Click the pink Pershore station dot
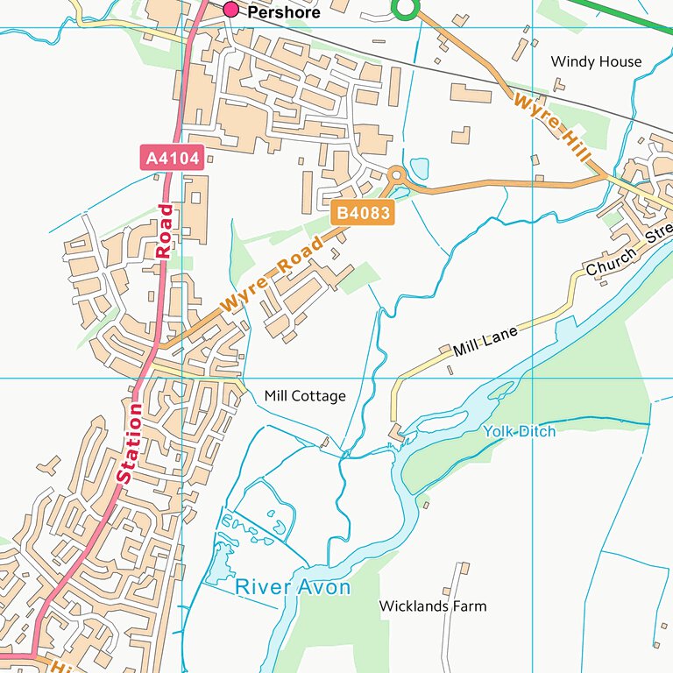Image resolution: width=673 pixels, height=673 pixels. point(231,10)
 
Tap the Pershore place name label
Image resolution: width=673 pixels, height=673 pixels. point(283,13)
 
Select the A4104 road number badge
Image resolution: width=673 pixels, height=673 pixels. point(173,159)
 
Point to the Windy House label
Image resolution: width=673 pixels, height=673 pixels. point(596,61)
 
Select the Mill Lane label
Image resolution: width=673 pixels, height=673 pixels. point(485,340)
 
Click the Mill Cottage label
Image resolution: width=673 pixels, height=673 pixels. point(305,396)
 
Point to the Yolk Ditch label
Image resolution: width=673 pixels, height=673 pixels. point(519,431)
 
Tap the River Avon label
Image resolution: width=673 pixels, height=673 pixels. point(293,587)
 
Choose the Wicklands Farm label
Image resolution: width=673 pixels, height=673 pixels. point(432,606)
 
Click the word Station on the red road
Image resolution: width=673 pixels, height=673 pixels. point(129,443)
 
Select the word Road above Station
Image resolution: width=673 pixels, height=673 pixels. point(165,230)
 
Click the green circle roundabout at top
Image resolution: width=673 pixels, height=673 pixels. point(404,9)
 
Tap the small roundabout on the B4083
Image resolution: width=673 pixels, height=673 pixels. point(396,174)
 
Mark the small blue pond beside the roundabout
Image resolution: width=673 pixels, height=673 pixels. point(420,168)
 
